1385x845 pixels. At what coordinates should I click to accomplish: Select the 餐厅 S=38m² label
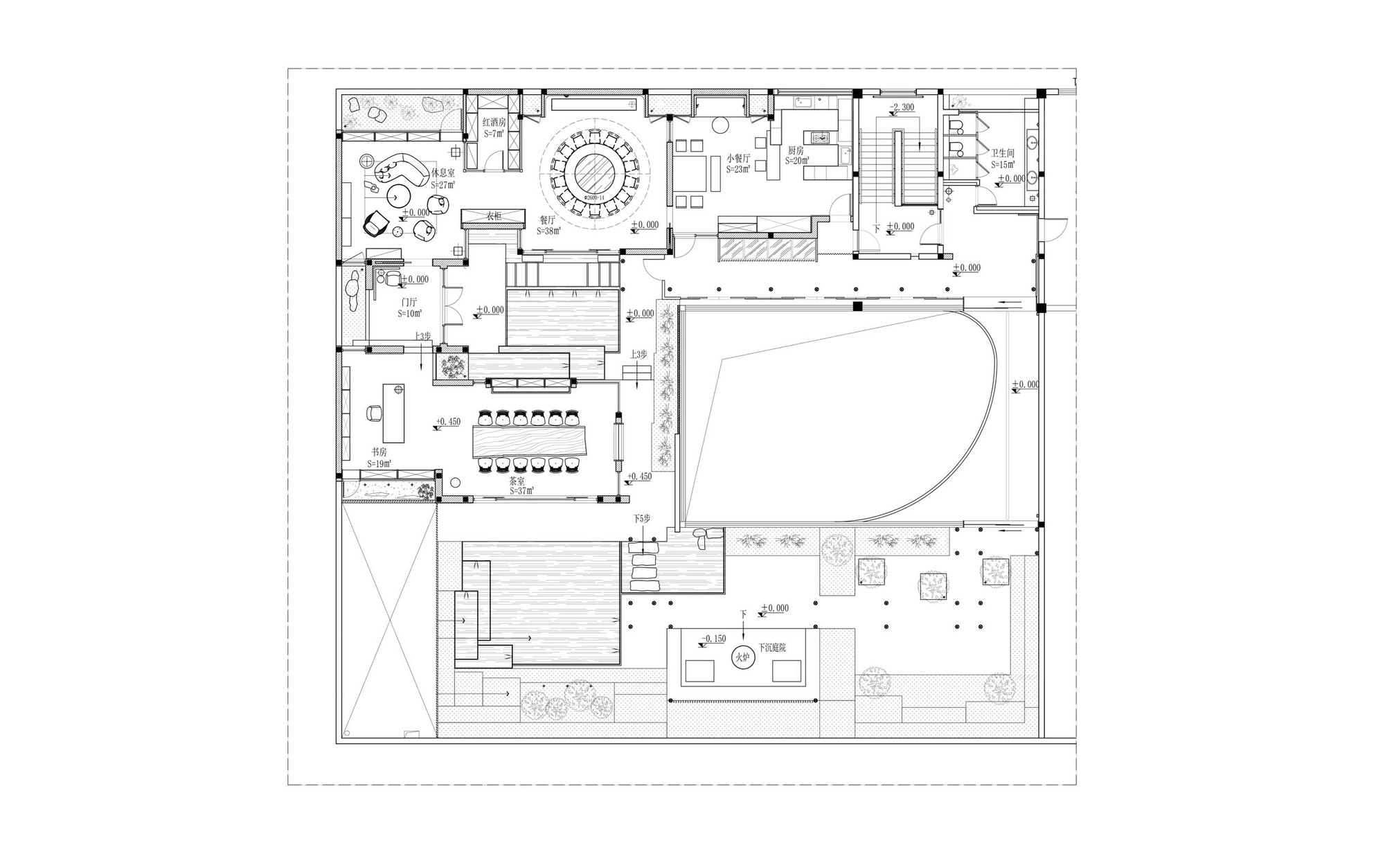click(x=549, y=224)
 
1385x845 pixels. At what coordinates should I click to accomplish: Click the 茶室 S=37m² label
click(x=521, y=485)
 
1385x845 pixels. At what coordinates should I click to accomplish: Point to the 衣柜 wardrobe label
click(x=493, y=216)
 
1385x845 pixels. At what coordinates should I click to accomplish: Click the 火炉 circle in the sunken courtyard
click(x=742, y=657)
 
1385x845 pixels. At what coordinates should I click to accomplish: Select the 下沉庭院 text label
click(x=772, y=648)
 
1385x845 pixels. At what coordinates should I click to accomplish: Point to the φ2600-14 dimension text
click(x=595, y=198)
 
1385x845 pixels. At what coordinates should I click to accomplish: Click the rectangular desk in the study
click(x=394, y=413)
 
